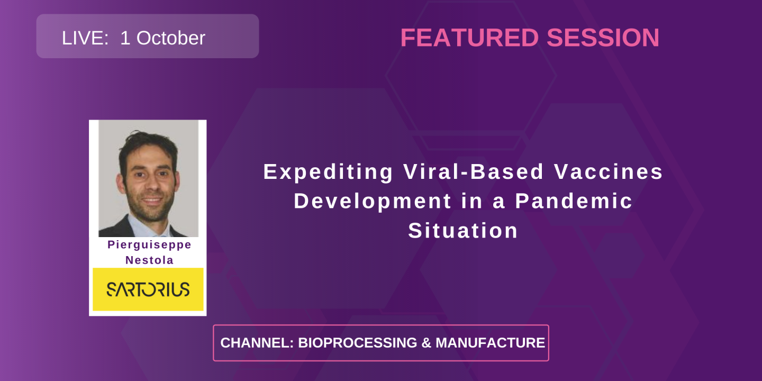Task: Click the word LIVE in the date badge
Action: (83, 38)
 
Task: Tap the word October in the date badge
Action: (169, 38)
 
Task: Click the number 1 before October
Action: (125, 38)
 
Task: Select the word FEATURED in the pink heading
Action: (469, 38)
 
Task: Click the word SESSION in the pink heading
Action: (603, 38)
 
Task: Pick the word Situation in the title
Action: (463, 231)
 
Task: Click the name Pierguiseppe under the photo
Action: (149, 245)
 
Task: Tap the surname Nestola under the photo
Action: (149, 260)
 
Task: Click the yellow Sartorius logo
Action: (148, 289)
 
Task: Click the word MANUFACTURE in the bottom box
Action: (490, 343)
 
